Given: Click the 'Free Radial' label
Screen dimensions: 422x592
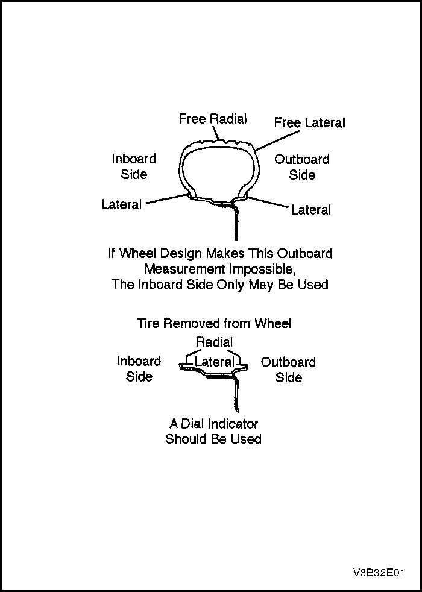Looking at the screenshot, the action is click(213, 119).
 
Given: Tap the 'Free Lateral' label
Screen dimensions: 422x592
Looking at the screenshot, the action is click(309, 123).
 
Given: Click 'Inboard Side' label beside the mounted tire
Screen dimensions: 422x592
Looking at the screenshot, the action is click(134, 166).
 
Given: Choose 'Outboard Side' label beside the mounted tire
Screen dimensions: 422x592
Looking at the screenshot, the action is click(301, 167).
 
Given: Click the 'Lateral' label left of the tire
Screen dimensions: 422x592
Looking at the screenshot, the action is click(122, 204).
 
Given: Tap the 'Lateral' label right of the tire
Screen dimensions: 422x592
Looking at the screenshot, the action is click(311, 210).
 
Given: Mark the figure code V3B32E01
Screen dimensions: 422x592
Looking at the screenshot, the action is click(379, 573).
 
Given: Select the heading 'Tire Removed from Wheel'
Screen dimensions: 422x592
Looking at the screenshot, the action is click(214, 324).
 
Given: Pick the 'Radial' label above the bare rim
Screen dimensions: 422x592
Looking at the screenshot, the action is click(215, 342).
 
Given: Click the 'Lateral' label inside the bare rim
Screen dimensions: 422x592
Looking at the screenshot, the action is click(214, 362).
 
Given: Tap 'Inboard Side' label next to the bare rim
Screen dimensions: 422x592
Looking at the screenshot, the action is click(139, 369).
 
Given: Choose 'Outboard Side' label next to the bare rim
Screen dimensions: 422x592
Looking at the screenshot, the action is click(288, 370).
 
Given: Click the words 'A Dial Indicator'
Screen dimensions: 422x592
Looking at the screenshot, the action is click(213, 424).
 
